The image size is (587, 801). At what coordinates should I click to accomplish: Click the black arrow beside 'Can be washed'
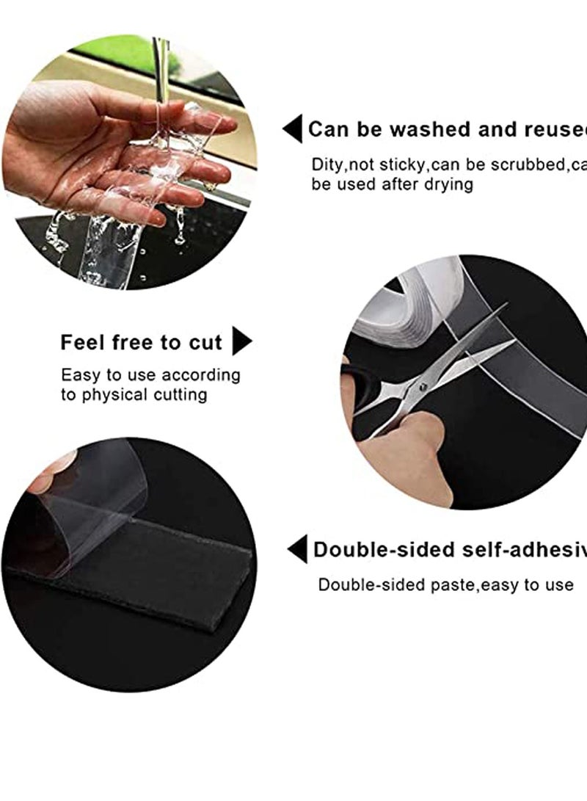pos(292,129)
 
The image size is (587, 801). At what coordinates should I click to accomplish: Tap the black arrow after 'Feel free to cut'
pos(241,342)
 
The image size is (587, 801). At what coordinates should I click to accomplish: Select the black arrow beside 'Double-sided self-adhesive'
pos(297,548)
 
